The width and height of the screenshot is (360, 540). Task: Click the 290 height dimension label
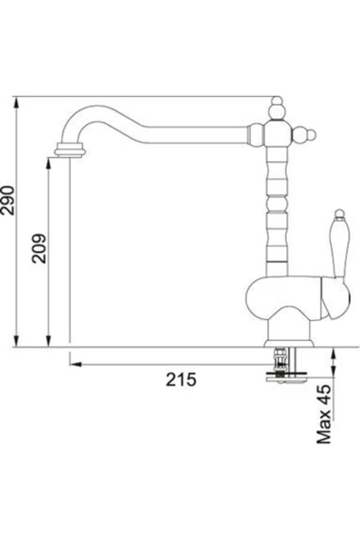pyautogui.click(x=7, y=201)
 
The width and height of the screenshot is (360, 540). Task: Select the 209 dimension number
pyautogui.click(x=38, y=249)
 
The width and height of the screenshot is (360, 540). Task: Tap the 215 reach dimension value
pyautogui.click(x=181, y=379)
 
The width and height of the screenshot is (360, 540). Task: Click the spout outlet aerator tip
pyautogui.click(x=70, y=151)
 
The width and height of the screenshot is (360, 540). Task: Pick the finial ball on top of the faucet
pyautogui.click(x=277, y=109)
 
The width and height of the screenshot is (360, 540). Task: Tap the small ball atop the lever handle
pyautogui.click(x=339, y=213)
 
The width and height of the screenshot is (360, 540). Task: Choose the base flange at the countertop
pyautogui.click(x=289, y=343)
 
